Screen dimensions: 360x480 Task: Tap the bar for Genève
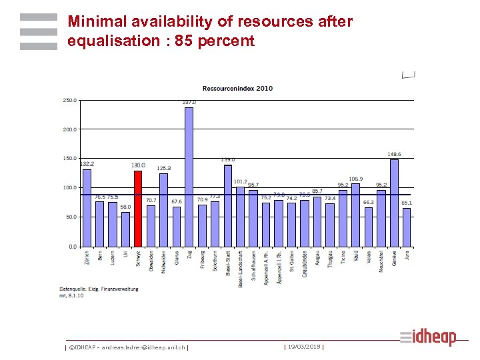coord(394,203)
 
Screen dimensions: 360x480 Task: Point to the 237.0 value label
coord(189,102)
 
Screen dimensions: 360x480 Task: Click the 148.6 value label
coord(395,154)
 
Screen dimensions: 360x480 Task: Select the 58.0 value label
coord(125,207)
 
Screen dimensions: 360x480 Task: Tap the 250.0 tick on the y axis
coord(69,101)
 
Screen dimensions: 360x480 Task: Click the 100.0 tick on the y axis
coord(69,188)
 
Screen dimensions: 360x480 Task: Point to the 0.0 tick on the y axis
coord(72,247)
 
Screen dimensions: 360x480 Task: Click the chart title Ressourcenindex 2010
coord(237,88)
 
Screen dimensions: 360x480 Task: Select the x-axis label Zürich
coord(87,259)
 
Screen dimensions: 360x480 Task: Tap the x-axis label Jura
coord(407,256)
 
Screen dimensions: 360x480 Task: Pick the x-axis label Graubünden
coord(305,264)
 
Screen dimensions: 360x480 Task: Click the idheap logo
coord(428,337)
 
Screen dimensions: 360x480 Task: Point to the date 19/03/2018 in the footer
coord(304,346)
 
